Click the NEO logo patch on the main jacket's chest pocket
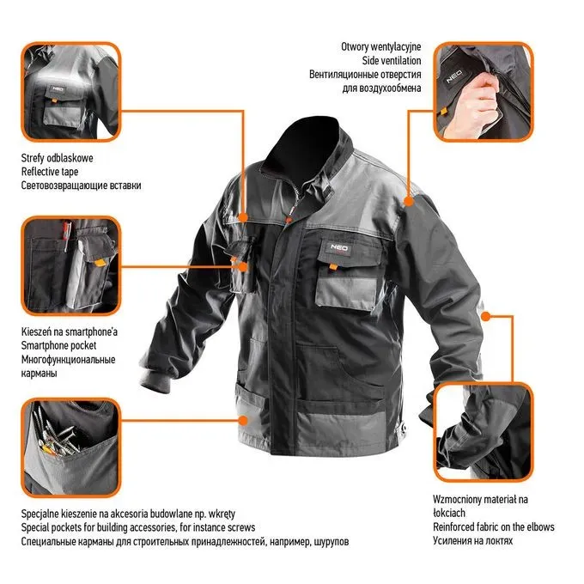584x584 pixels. click(339, 247)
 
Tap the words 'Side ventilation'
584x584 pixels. click(392, 60)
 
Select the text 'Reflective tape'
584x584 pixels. click(50, 172)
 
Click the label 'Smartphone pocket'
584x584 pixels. click(58, 345)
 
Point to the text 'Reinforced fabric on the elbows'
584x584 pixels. click(494, 527)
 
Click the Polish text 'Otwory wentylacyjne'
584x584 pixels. click(381, 47)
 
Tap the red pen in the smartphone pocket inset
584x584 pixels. click(66, 235)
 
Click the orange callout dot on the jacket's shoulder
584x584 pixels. click(409, 202)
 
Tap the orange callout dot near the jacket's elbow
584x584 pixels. click(485, 317)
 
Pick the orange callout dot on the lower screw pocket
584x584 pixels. click(243, 421)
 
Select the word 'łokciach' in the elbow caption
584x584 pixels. click(449, 513)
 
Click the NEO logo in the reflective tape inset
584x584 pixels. click(58, 89)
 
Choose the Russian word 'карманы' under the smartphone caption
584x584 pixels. click(40, 374)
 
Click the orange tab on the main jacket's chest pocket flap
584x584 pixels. click(333, 267)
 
